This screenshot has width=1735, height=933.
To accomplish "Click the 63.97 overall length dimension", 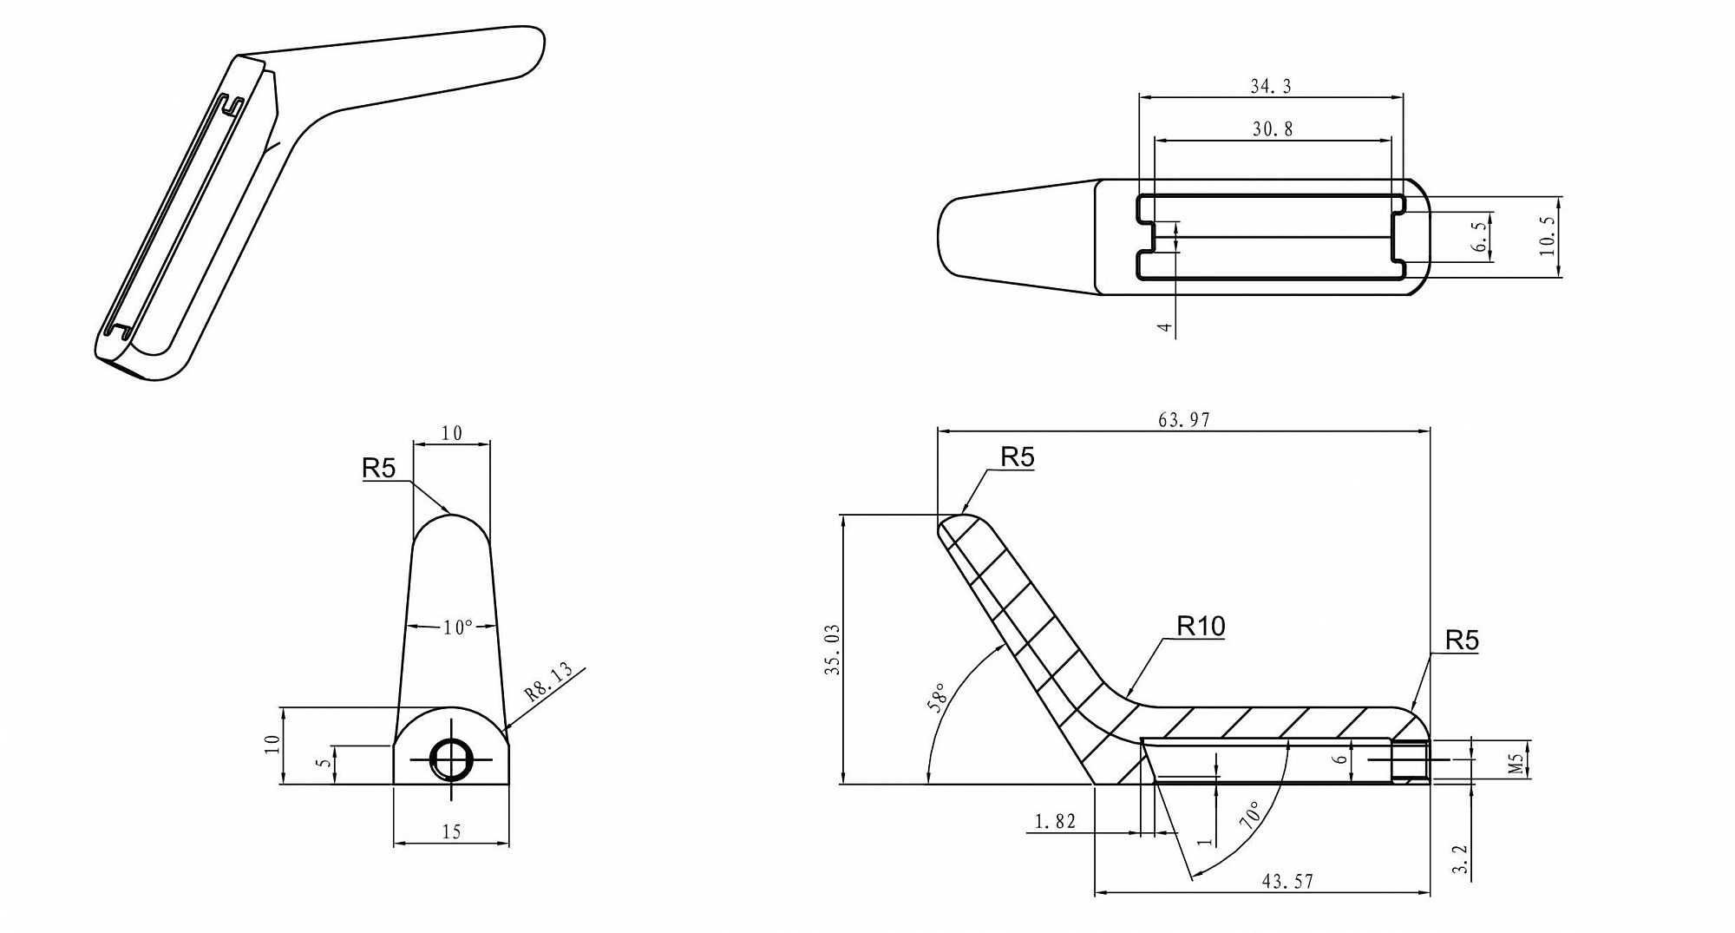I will click(1184, 420).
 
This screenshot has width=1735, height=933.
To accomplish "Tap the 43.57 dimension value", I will click(1287, 882).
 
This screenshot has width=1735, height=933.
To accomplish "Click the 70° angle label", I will click(1252, 817).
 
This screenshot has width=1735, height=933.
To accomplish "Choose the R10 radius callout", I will click(1201, 626).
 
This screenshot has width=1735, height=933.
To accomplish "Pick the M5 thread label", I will click(1516, 764).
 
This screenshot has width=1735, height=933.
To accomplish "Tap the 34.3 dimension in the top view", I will click(1271, 86).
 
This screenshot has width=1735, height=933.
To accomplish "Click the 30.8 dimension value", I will click(1273, 129).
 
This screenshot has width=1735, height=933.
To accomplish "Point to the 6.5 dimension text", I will click(1480, 236).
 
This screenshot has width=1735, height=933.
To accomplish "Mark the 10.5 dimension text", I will click(1547, 237).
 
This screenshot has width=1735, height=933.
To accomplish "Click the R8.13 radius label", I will click(549, 682).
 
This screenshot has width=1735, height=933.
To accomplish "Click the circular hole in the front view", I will click(451, 760).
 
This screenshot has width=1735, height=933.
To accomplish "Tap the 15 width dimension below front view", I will click(451, 832).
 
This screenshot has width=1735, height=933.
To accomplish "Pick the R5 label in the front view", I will click(378, 469).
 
